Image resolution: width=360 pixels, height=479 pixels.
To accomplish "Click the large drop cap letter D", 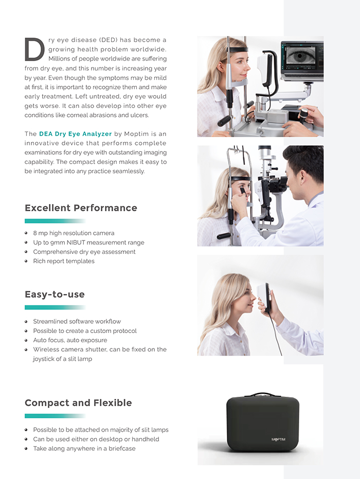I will click(34, 49).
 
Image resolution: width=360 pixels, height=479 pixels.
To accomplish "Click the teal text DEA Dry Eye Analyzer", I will click(75, 134).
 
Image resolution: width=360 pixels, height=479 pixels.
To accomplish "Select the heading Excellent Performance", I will click(81, 208).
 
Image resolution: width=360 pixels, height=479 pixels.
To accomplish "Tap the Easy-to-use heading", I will click(55, 294).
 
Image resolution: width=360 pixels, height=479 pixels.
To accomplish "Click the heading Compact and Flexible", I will click(78, 403).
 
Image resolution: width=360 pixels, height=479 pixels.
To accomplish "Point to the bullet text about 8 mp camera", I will click(74, 233).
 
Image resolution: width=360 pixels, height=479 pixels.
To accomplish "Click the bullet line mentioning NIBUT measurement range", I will click(88, 243).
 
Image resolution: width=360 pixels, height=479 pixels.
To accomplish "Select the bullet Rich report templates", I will click(64, 261).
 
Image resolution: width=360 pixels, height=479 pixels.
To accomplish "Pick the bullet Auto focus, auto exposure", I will click(70, 340).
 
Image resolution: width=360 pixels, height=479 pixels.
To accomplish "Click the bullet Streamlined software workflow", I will click(77, 322).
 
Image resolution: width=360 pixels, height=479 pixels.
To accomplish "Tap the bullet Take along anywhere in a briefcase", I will click(84, 449).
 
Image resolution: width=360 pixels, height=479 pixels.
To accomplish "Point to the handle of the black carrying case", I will click(262, 395).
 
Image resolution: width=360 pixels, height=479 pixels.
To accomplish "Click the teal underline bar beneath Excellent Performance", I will click(55, 221).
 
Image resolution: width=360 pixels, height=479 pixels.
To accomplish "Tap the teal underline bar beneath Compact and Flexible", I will click(55, 416).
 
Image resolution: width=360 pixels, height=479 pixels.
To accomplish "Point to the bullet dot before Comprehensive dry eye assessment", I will click(27, 252).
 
